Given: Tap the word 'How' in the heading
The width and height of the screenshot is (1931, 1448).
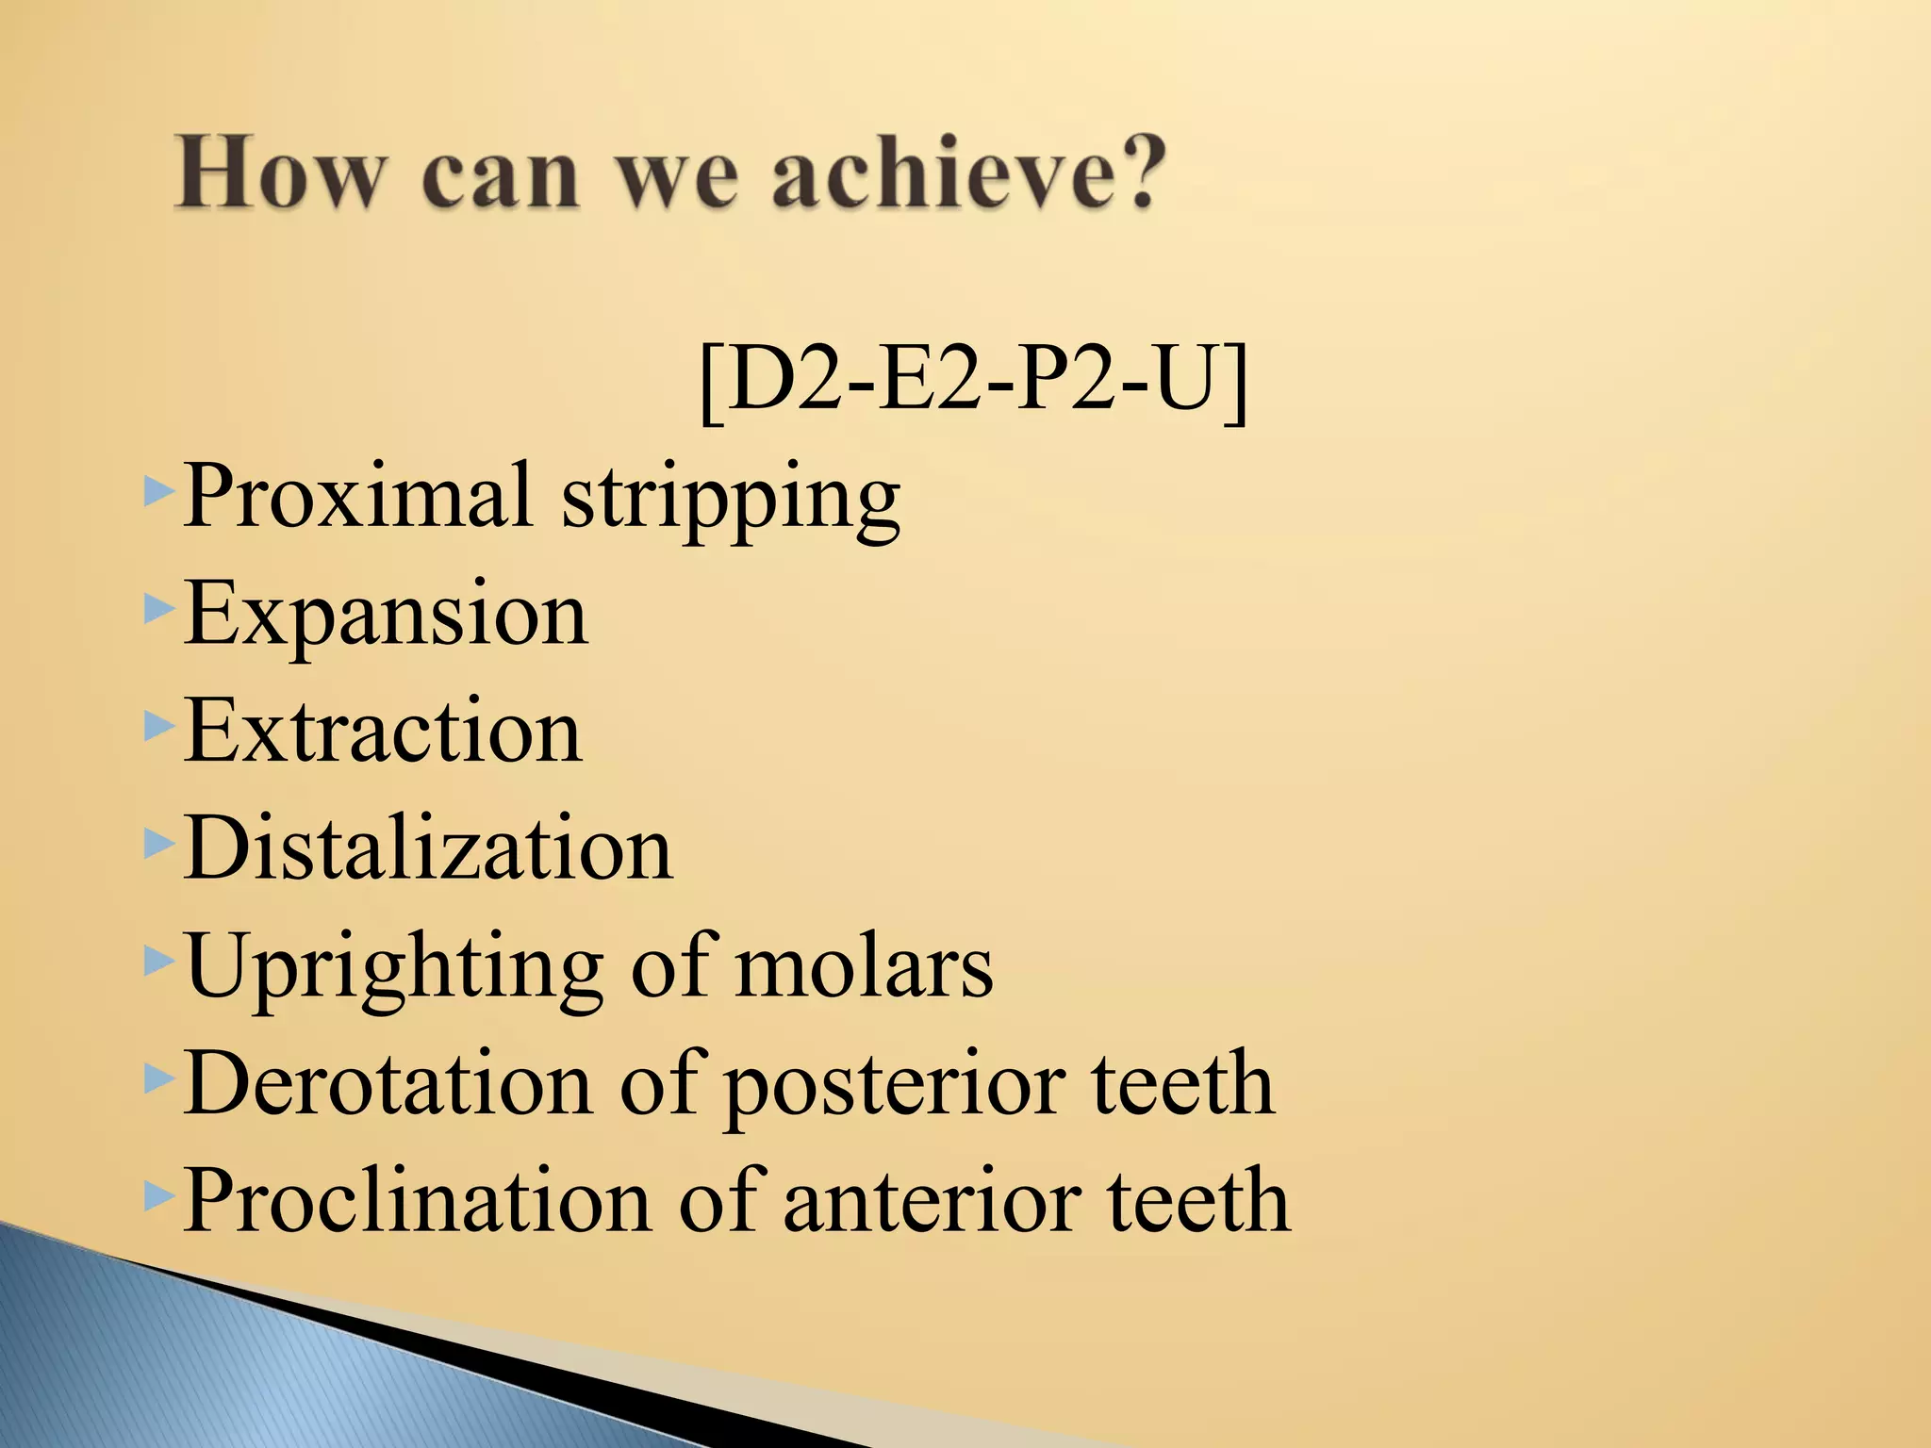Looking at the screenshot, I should click(280, 174).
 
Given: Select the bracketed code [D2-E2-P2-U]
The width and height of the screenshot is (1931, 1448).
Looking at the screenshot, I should click(974, 381).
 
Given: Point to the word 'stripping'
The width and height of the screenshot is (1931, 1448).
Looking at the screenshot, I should click(731, 501).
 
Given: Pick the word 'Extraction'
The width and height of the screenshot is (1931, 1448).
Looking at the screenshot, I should click(383, 732).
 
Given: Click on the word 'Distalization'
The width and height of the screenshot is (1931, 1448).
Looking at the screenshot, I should click(428, 848).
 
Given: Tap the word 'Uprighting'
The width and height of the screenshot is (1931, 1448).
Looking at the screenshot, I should click(394, 968).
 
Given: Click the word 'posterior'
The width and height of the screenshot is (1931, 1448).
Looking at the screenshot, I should click(895, 1087).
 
